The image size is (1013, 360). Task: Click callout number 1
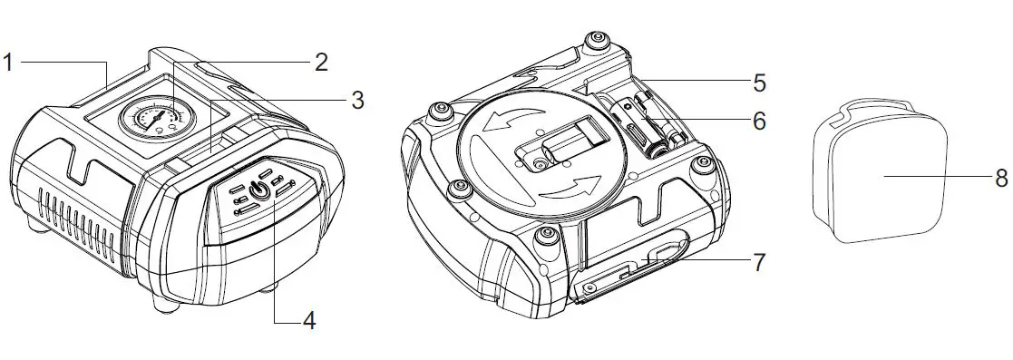pyautogui.click(x=8, y=63)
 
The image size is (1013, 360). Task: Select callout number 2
pyautogui.click(x=321, y=63)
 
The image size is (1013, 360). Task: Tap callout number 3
pyautogui.click(x=357, y=100)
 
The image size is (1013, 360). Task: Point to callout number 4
pyautogui.click(x=309, y=321)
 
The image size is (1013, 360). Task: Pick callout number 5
pyautogui.click(x=759, y=83)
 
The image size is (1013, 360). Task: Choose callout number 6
pyautogui.click(x=759, y=120)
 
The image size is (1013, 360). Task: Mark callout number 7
pyautogui.click(x=759, y=263)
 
